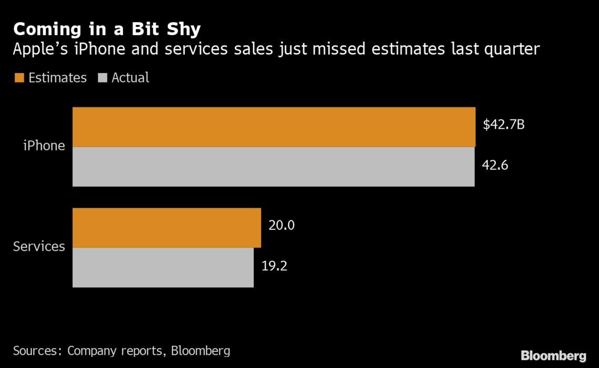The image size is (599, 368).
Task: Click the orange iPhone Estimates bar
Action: click(x=274, y=127)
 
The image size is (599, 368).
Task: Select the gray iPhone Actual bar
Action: click(x=273, y=167)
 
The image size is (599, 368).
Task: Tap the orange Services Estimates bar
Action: click(x=167, y=228)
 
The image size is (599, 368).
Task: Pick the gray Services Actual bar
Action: click(x=163, y=268)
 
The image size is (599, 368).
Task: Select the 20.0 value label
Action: click(x=282, y=226)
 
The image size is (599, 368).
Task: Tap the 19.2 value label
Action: click(x=274, y=265)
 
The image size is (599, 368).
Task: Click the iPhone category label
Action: click(x=44, y=146)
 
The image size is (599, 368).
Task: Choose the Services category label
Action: click(x=39, y=246)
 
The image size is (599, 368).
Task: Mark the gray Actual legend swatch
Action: click(x=102, y=78)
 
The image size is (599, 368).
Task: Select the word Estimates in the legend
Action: click(x=57, y=78)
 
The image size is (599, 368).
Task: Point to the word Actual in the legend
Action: click(x=130, y=78)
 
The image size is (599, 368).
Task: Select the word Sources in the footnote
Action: click(x=37, y=351)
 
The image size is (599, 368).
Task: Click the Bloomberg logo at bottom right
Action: click(x=553, y=355)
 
